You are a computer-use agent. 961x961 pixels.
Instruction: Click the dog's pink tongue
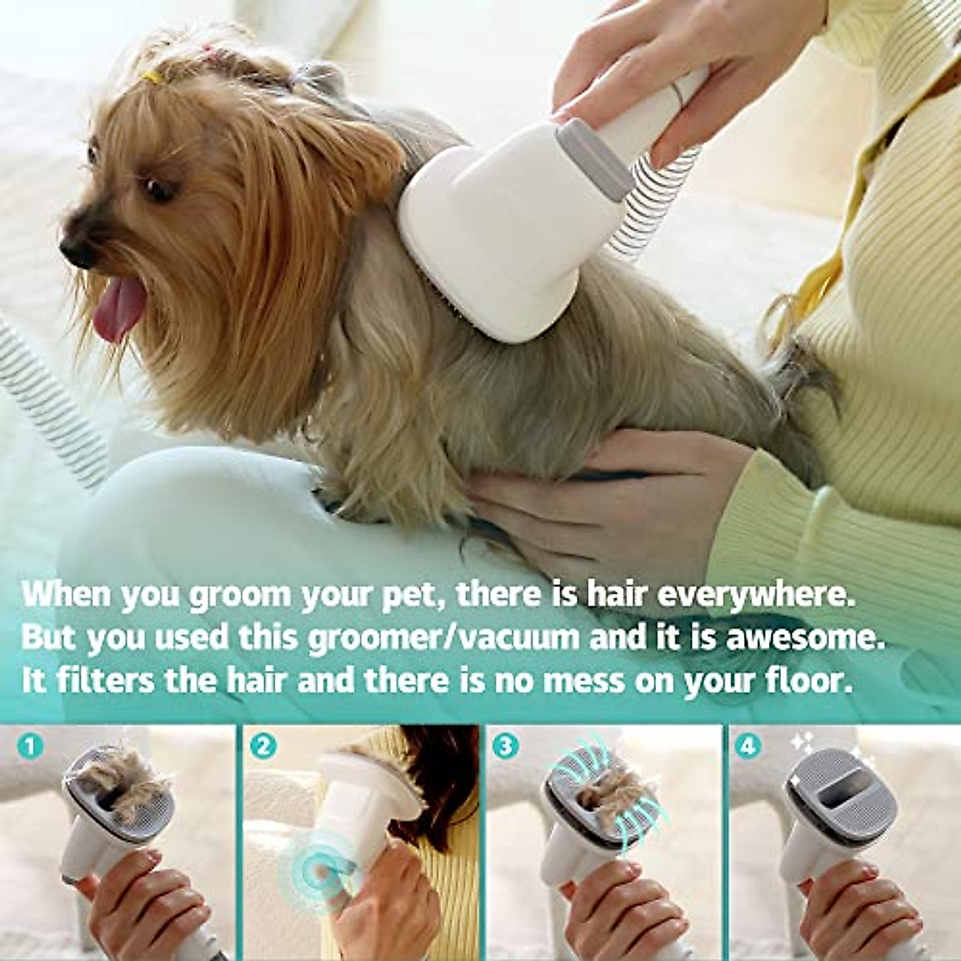click(x=119, y=308)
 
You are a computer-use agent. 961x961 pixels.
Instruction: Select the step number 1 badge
click(x=30, y=747)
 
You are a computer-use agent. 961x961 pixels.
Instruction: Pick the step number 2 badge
click(x=261, y=747)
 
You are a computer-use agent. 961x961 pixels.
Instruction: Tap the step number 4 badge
click(x=747, y=747)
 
